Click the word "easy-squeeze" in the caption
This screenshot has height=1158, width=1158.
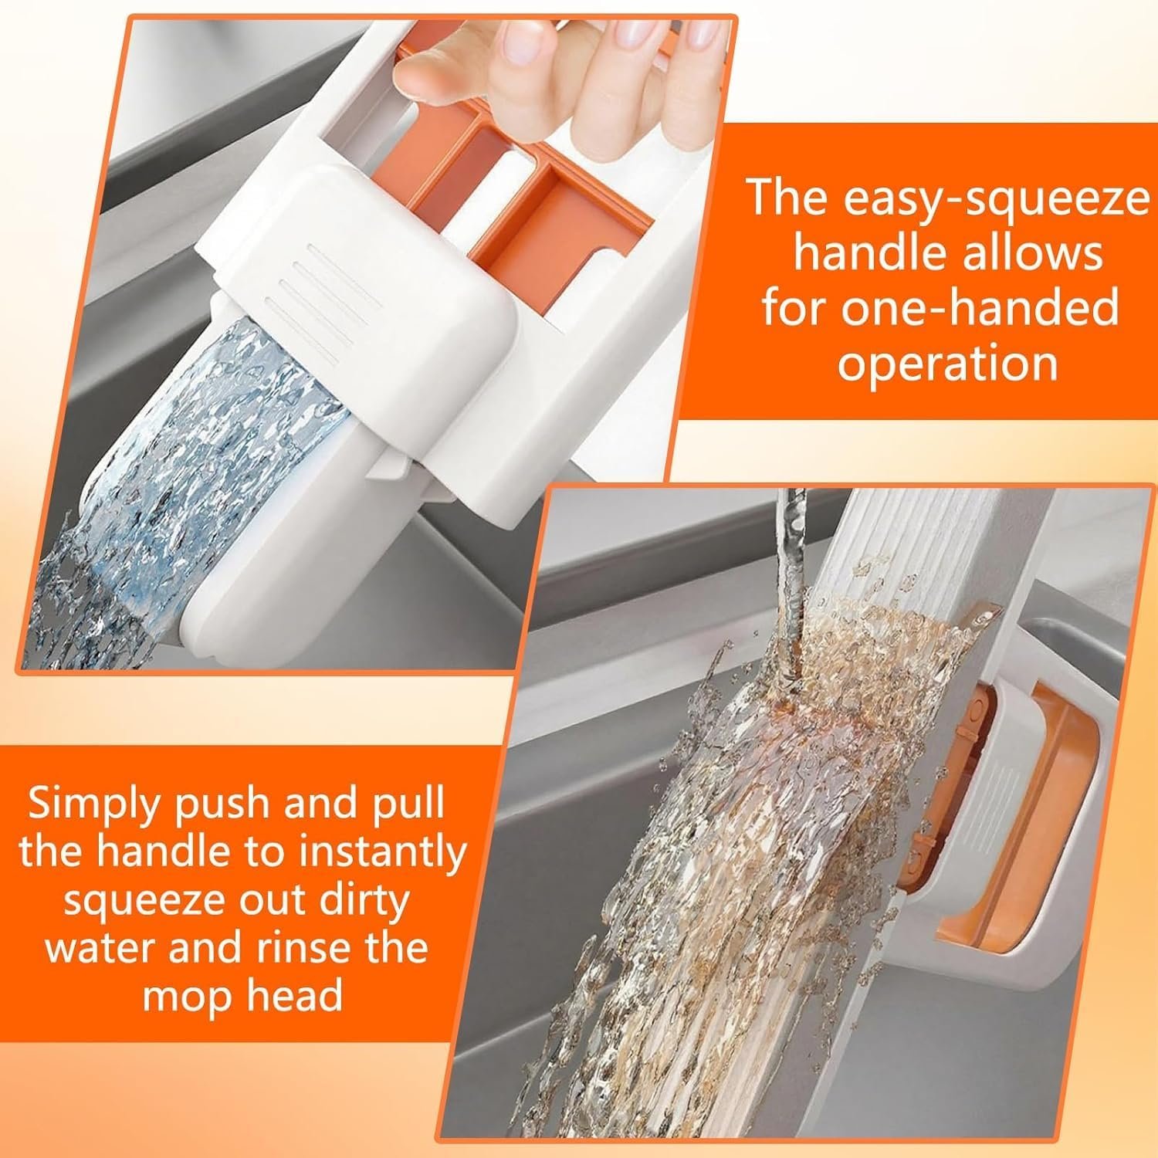pos(996,199)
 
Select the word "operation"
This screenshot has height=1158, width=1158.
pos(947,361)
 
